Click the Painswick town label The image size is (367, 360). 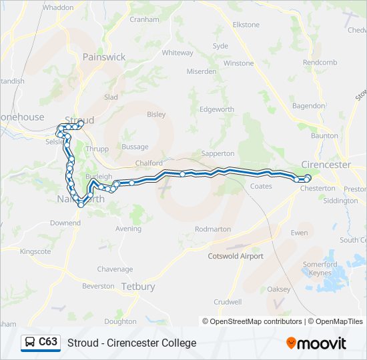click(103, 57)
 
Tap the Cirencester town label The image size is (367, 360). click(326, 165)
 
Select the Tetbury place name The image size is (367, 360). click(137, 287)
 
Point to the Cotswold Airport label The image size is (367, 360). click(236, 256)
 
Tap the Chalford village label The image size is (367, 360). click(148, 163)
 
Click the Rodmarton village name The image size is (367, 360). click(212, 229)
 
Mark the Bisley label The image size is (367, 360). click(155, 115)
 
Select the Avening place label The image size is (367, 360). click(128, 229)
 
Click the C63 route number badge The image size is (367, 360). click(48, 342)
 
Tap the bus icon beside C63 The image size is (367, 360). click(31, 343)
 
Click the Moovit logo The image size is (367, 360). click(316, 343)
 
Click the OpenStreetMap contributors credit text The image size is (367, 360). click(257, 321)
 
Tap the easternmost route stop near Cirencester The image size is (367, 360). click(308, 177)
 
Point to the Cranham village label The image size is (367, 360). click(144, 20)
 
